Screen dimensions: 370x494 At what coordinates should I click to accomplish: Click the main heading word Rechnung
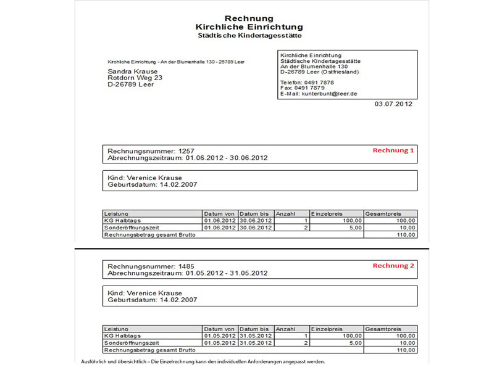tap(249, 18)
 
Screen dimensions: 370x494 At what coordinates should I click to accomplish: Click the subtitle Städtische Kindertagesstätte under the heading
tap(249, 36)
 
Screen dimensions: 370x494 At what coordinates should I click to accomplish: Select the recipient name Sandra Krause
tap(133, 72)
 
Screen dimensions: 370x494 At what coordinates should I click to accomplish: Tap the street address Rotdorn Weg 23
tap(135, 78)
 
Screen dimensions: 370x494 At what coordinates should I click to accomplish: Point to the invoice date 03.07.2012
tap(393, 104)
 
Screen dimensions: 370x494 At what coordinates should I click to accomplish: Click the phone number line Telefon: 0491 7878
tap(307, 82)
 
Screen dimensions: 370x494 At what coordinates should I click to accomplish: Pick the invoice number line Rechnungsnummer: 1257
tap(151, 151)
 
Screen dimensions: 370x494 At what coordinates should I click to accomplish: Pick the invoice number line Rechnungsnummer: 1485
tap(151, 266)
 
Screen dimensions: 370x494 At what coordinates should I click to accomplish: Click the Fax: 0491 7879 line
tap(302, 88)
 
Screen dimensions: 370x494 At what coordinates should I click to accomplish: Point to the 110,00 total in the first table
tap(405, 235)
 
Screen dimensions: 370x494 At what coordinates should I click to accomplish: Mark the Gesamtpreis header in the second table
tap(382, 329)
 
